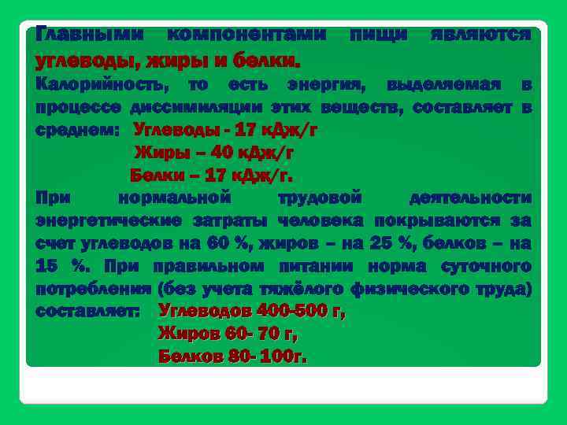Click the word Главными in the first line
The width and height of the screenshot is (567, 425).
[x=90, y=35]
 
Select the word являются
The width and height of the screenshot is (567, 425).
[x=481, y=35]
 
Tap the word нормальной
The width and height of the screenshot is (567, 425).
[x=173, y=197]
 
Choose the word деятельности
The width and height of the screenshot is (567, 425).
[x=471, y=197]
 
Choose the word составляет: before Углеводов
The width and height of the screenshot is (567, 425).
[x=88, y=311]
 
